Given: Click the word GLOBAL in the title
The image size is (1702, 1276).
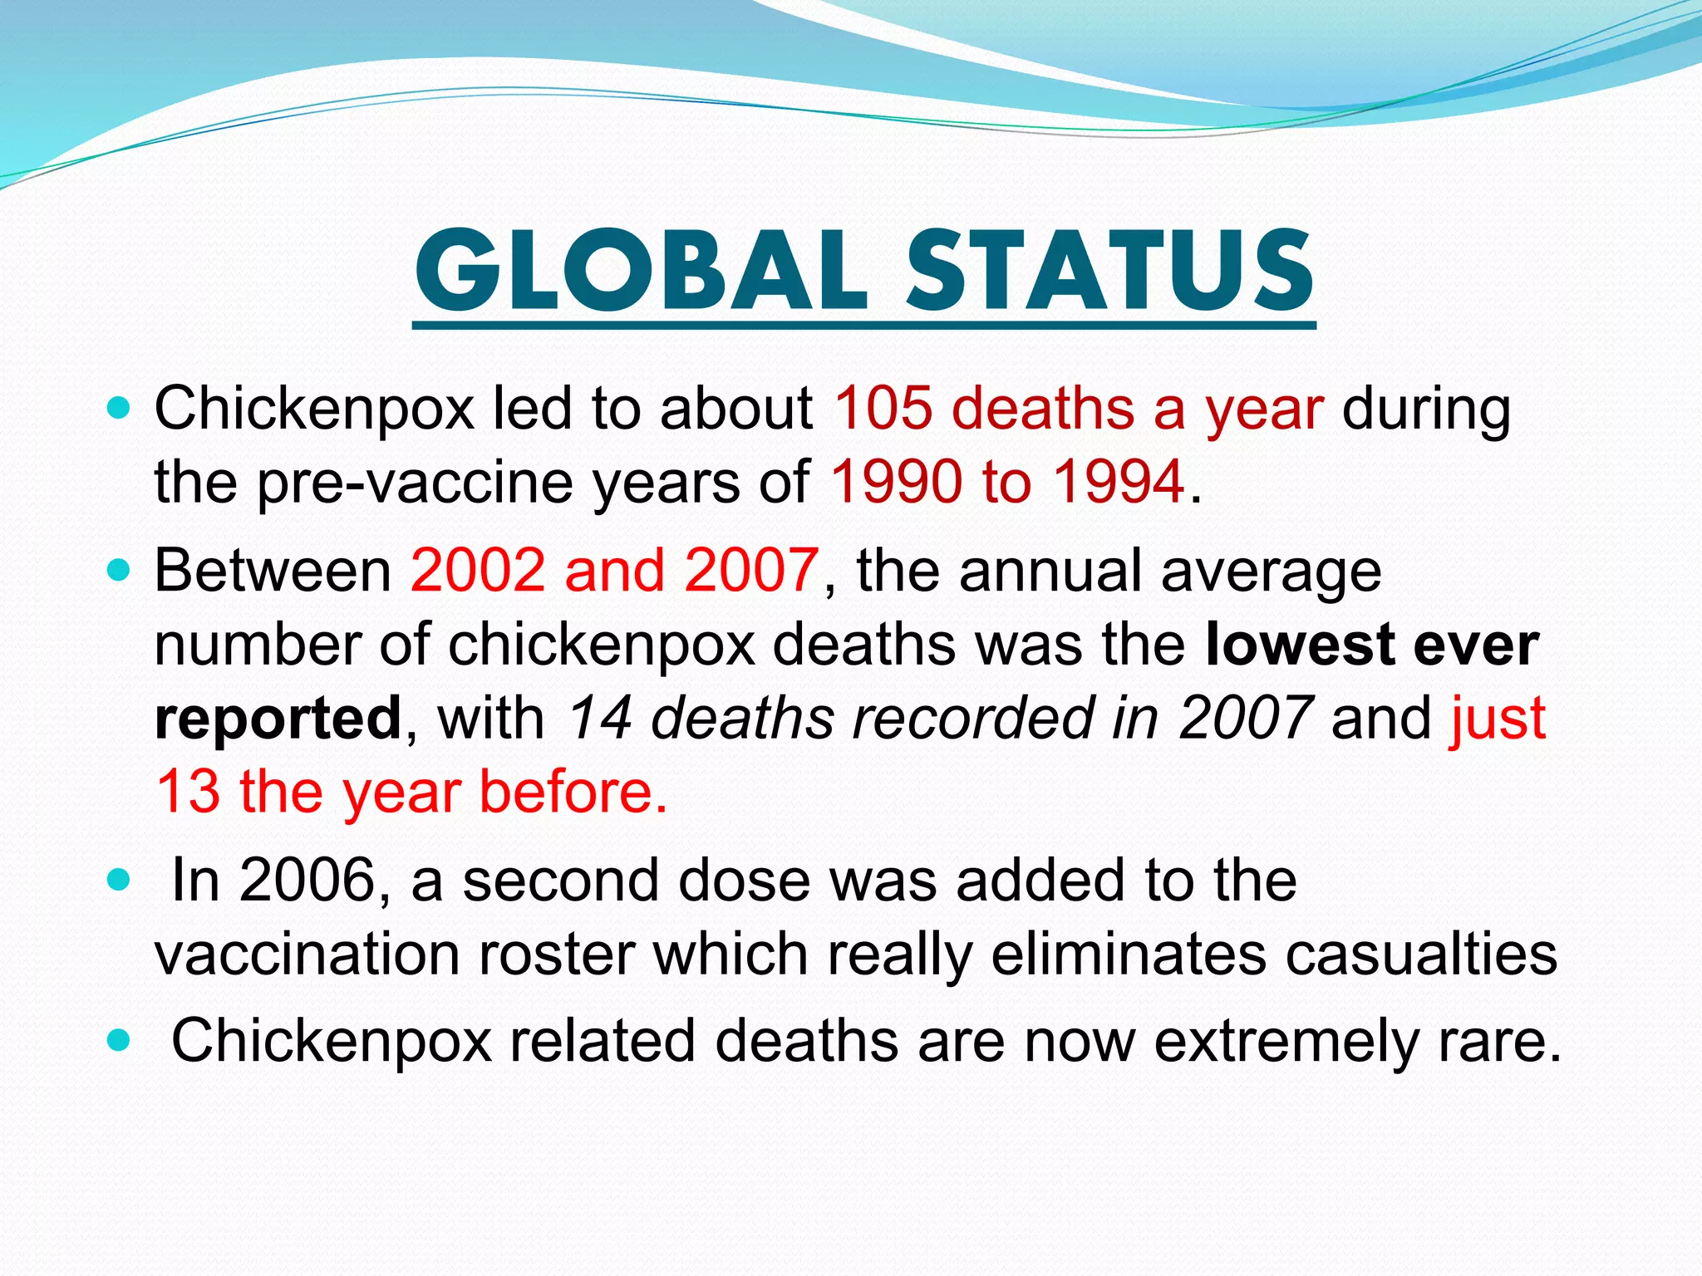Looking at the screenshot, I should coord(641,271).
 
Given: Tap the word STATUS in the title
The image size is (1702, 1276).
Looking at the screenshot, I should coord(1109,271).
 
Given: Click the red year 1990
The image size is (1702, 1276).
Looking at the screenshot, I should coord(897,481).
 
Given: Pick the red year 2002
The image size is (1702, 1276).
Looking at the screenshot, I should coord(477,571).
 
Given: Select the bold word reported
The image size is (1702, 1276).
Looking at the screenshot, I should coord(278,719).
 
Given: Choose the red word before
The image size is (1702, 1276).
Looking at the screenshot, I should coord(573,791).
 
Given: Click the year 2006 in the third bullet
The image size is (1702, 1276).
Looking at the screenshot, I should coord(308,881).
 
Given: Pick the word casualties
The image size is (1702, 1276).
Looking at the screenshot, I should coord(1421,954).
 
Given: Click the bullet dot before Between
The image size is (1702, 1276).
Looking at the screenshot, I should coord(120,571).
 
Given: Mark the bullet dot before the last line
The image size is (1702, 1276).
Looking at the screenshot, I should coord(120,1040).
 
